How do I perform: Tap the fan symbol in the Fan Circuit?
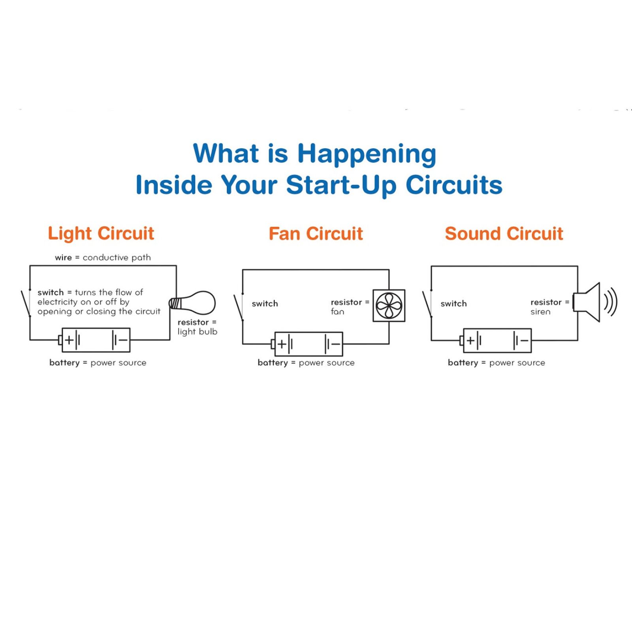(x=389, y=306)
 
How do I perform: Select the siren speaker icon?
(x=588, y=303)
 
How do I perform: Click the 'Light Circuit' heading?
(x=101, y=233)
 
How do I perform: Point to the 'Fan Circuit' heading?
(x=316, y=234)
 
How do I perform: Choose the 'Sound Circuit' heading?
(x=504, y=234)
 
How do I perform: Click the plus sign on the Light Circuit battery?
(x=70, y=340)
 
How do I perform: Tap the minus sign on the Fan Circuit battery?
(x=335, y=344)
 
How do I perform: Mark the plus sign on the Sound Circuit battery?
(x=470, y=340)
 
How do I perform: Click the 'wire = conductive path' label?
(x=103, y=258)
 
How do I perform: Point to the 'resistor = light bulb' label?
(x=197, y=327)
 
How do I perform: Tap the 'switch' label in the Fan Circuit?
(x=265, y=304)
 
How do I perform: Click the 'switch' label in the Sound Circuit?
(x=453, y=304)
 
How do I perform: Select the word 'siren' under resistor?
(x=540, y=312)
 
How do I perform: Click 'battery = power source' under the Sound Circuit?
(x=496, y=363)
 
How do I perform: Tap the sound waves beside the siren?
(x=611, y=303)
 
